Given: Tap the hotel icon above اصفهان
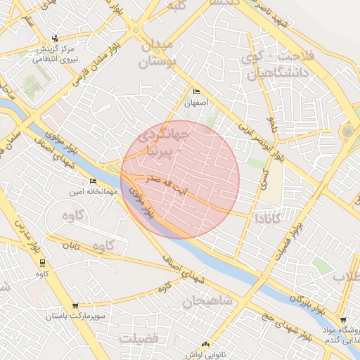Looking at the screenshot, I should point(196,92).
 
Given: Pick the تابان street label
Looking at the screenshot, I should point(72,246).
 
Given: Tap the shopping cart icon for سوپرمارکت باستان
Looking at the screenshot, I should point(75,306).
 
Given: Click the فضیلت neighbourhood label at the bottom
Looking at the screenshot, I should point(139,338).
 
